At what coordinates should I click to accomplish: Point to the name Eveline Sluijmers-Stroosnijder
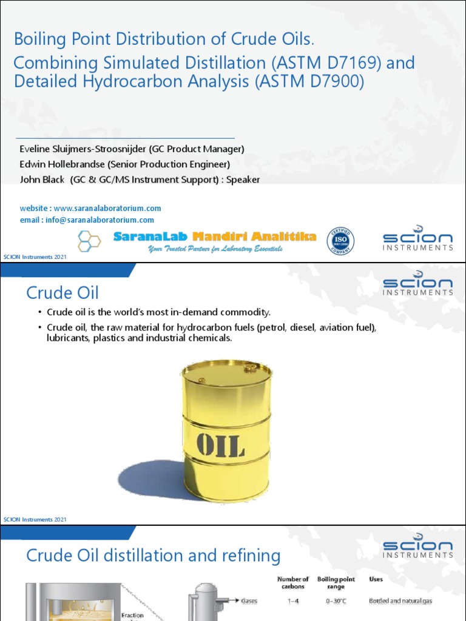coord(82,149)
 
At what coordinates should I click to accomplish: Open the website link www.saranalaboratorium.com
coord(107,208)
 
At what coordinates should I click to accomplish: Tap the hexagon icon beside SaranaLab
coord(89,241)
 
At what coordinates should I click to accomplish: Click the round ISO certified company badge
coord(341,241)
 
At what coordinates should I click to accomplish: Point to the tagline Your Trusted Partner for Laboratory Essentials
coord(215,249)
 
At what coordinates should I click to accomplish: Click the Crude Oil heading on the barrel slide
coord(62,293)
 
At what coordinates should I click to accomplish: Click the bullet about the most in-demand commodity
coord(158,312)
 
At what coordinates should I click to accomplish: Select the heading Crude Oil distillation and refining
coord(153,556)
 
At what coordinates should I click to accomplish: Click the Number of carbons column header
coord(293,583)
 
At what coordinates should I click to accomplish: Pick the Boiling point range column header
coord(336,583)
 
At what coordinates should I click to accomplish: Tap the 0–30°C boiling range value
coord(336,601)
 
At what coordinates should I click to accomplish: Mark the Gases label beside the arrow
coord(249,601)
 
